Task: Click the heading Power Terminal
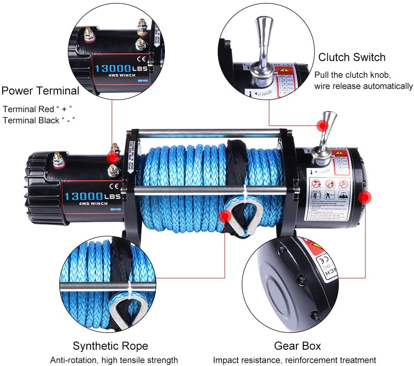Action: coord(40,91)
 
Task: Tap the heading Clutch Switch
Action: coord(352,57)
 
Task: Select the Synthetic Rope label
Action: coord(110,346)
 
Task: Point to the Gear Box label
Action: coord(298,346)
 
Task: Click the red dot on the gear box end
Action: coord(365,198)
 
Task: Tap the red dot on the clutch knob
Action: coord(323,125)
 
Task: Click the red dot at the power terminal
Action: coord(113,157)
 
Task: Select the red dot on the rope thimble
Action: coord(225,216)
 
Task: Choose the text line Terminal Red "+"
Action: coord(37,109)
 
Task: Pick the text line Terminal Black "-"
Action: coord(39,120)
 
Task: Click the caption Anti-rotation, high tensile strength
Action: coord(114,360)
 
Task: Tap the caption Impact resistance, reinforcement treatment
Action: coord(294,360)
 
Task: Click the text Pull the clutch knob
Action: coord(353,75)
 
